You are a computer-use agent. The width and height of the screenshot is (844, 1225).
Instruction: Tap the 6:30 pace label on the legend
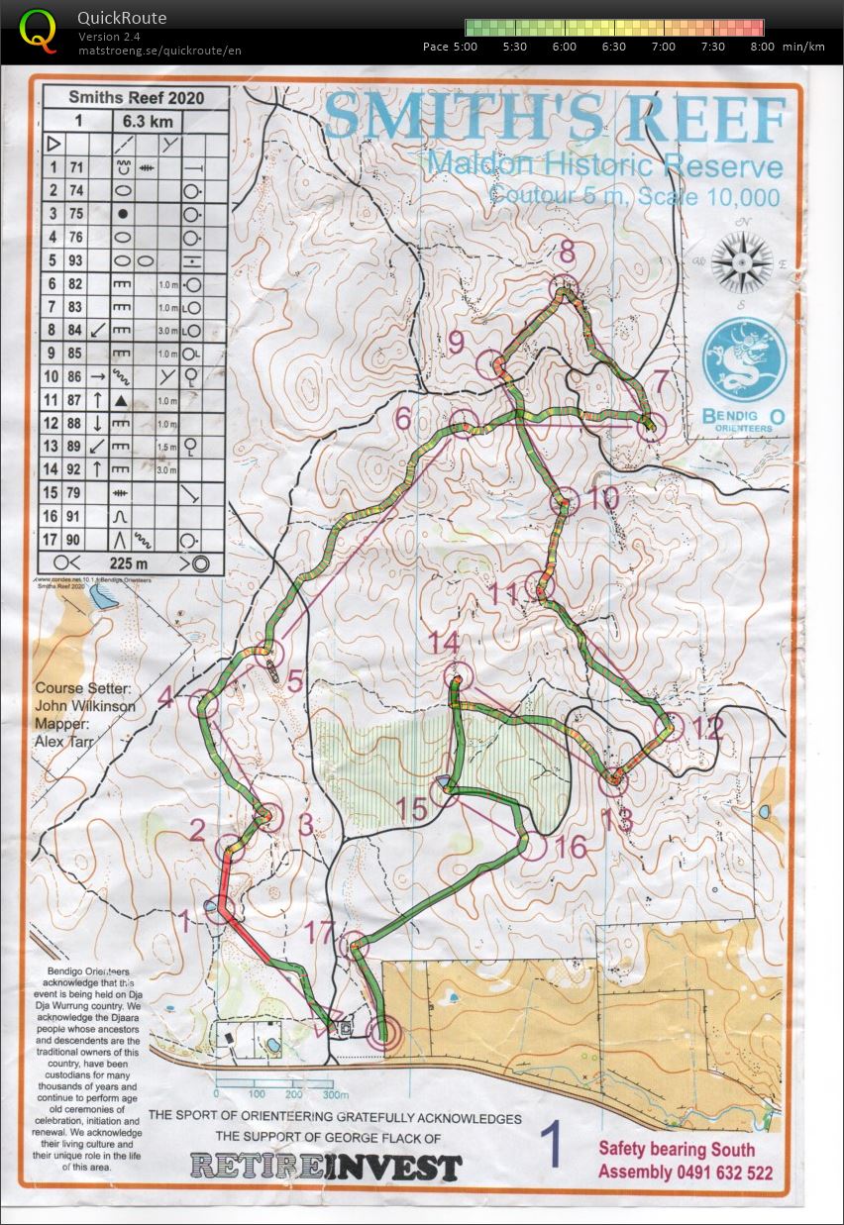pos(613,47)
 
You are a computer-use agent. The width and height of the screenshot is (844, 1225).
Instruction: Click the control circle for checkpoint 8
pos(563,285)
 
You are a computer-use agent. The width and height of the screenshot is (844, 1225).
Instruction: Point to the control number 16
pos(571,847)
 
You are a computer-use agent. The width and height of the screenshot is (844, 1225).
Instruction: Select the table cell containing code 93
pos(76,261)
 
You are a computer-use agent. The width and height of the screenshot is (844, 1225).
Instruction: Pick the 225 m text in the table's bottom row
pos(129,563)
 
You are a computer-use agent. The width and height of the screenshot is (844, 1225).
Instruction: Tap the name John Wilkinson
pos(84,706)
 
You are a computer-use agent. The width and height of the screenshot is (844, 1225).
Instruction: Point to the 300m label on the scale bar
pos(335,1095)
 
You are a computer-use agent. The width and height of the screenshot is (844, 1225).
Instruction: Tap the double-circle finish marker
pos(383,1034)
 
